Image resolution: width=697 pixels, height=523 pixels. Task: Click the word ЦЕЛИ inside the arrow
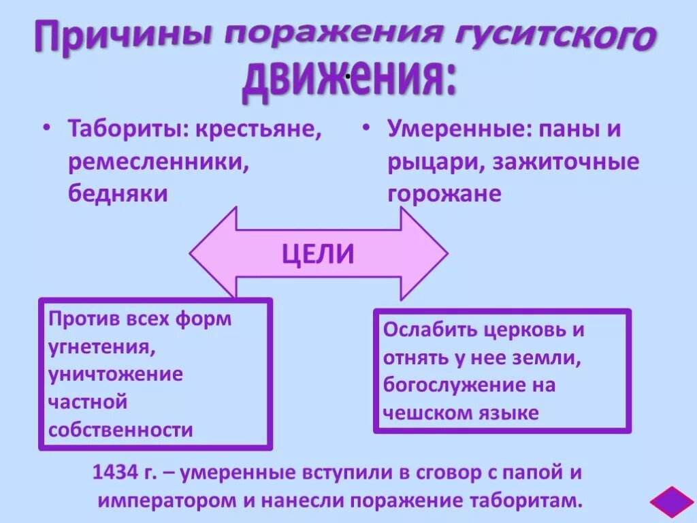pos(318,255)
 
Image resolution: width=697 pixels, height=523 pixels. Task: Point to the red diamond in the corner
pos(671,502)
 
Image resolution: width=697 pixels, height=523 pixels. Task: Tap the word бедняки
pos(118,193)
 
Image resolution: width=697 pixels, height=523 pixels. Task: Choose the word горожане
pos(444,194)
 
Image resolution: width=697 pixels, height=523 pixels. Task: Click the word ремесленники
pos(157,162)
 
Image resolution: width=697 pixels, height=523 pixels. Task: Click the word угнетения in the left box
pos(99,347)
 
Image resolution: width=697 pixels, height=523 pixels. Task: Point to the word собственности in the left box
pos(120,430)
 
